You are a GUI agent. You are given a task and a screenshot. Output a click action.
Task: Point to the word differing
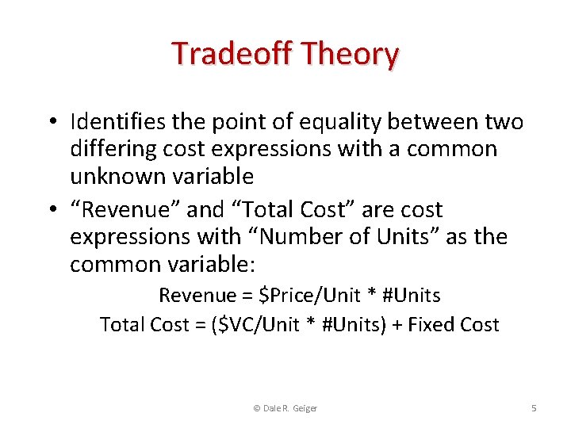point(114,149)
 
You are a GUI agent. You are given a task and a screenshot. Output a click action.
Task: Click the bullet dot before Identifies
point(50,123)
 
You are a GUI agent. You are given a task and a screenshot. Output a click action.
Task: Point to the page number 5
point(534,408)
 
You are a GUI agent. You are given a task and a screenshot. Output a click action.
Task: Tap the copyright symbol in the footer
point(255,408)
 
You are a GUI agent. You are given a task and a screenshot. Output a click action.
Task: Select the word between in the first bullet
point(436,122)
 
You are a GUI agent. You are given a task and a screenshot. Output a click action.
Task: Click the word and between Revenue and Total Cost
point(205,210)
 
